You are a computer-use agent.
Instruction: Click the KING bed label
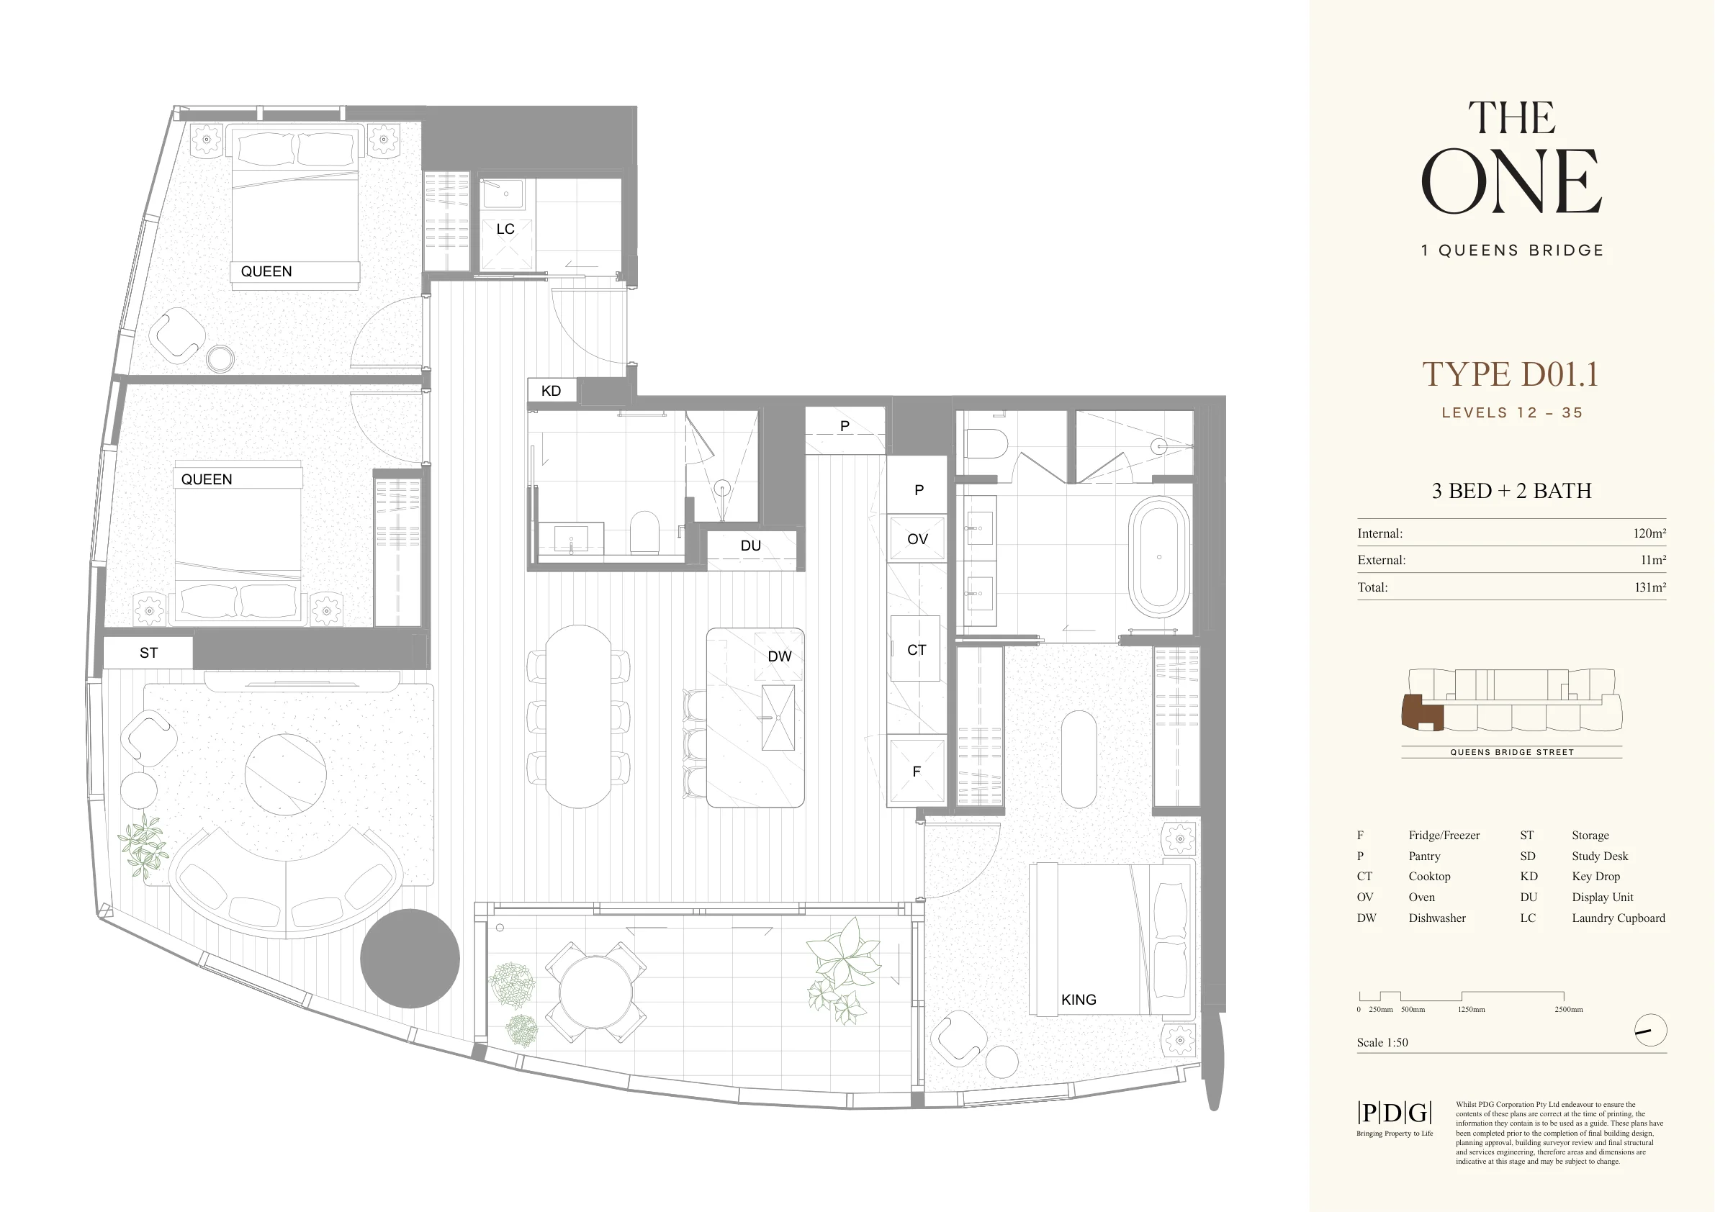click(x=1079, y=999)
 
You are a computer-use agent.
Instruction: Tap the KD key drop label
click(x=552, y=391)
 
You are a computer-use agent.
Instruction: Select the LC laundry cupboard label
click(x=505, y=230)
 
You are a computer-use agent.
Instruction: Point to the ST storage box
click(x=148, y=653)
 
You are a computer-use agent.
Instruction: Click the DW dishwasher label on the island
click(x=779, y=656)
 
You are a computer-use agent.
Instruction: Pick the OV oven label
click(x=917, y=539)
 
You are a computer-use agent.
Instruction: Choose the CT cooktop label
click(x=917, y=650)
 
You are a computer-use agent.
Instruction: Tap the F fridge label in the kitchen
click(x=917, y=772)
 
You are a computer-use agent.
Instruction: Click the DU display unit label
click(x=751, y=546)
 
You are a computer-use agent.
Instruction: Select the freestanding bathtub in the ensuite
click(x=1158, y=557)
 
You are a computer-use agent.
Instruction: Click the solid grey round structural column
click(x=410, y=959)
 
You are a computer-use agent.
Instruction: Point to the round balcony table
click(x=595, y=992)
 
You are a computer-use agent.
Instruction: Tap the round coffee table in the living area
click(x=286, y=774)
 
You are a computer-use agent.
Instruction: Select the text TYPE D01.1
click(x=1511, y=374)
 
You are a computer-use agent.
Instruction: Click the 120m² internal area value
click(x=1649, y=533)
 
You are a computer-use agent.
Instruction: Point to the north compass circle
click(x=1651, y=1031)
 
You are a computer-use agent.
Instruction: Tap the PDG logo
click(x=1394, y=1113)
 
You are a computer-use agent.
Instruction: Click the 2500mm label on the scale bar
click(x=1569, y=1010)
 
